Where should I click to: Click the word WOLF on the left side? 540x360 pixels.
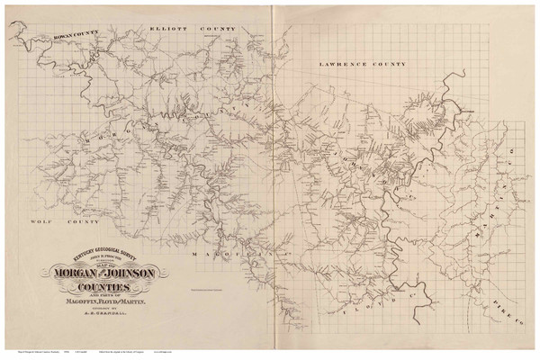point(40,219)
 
